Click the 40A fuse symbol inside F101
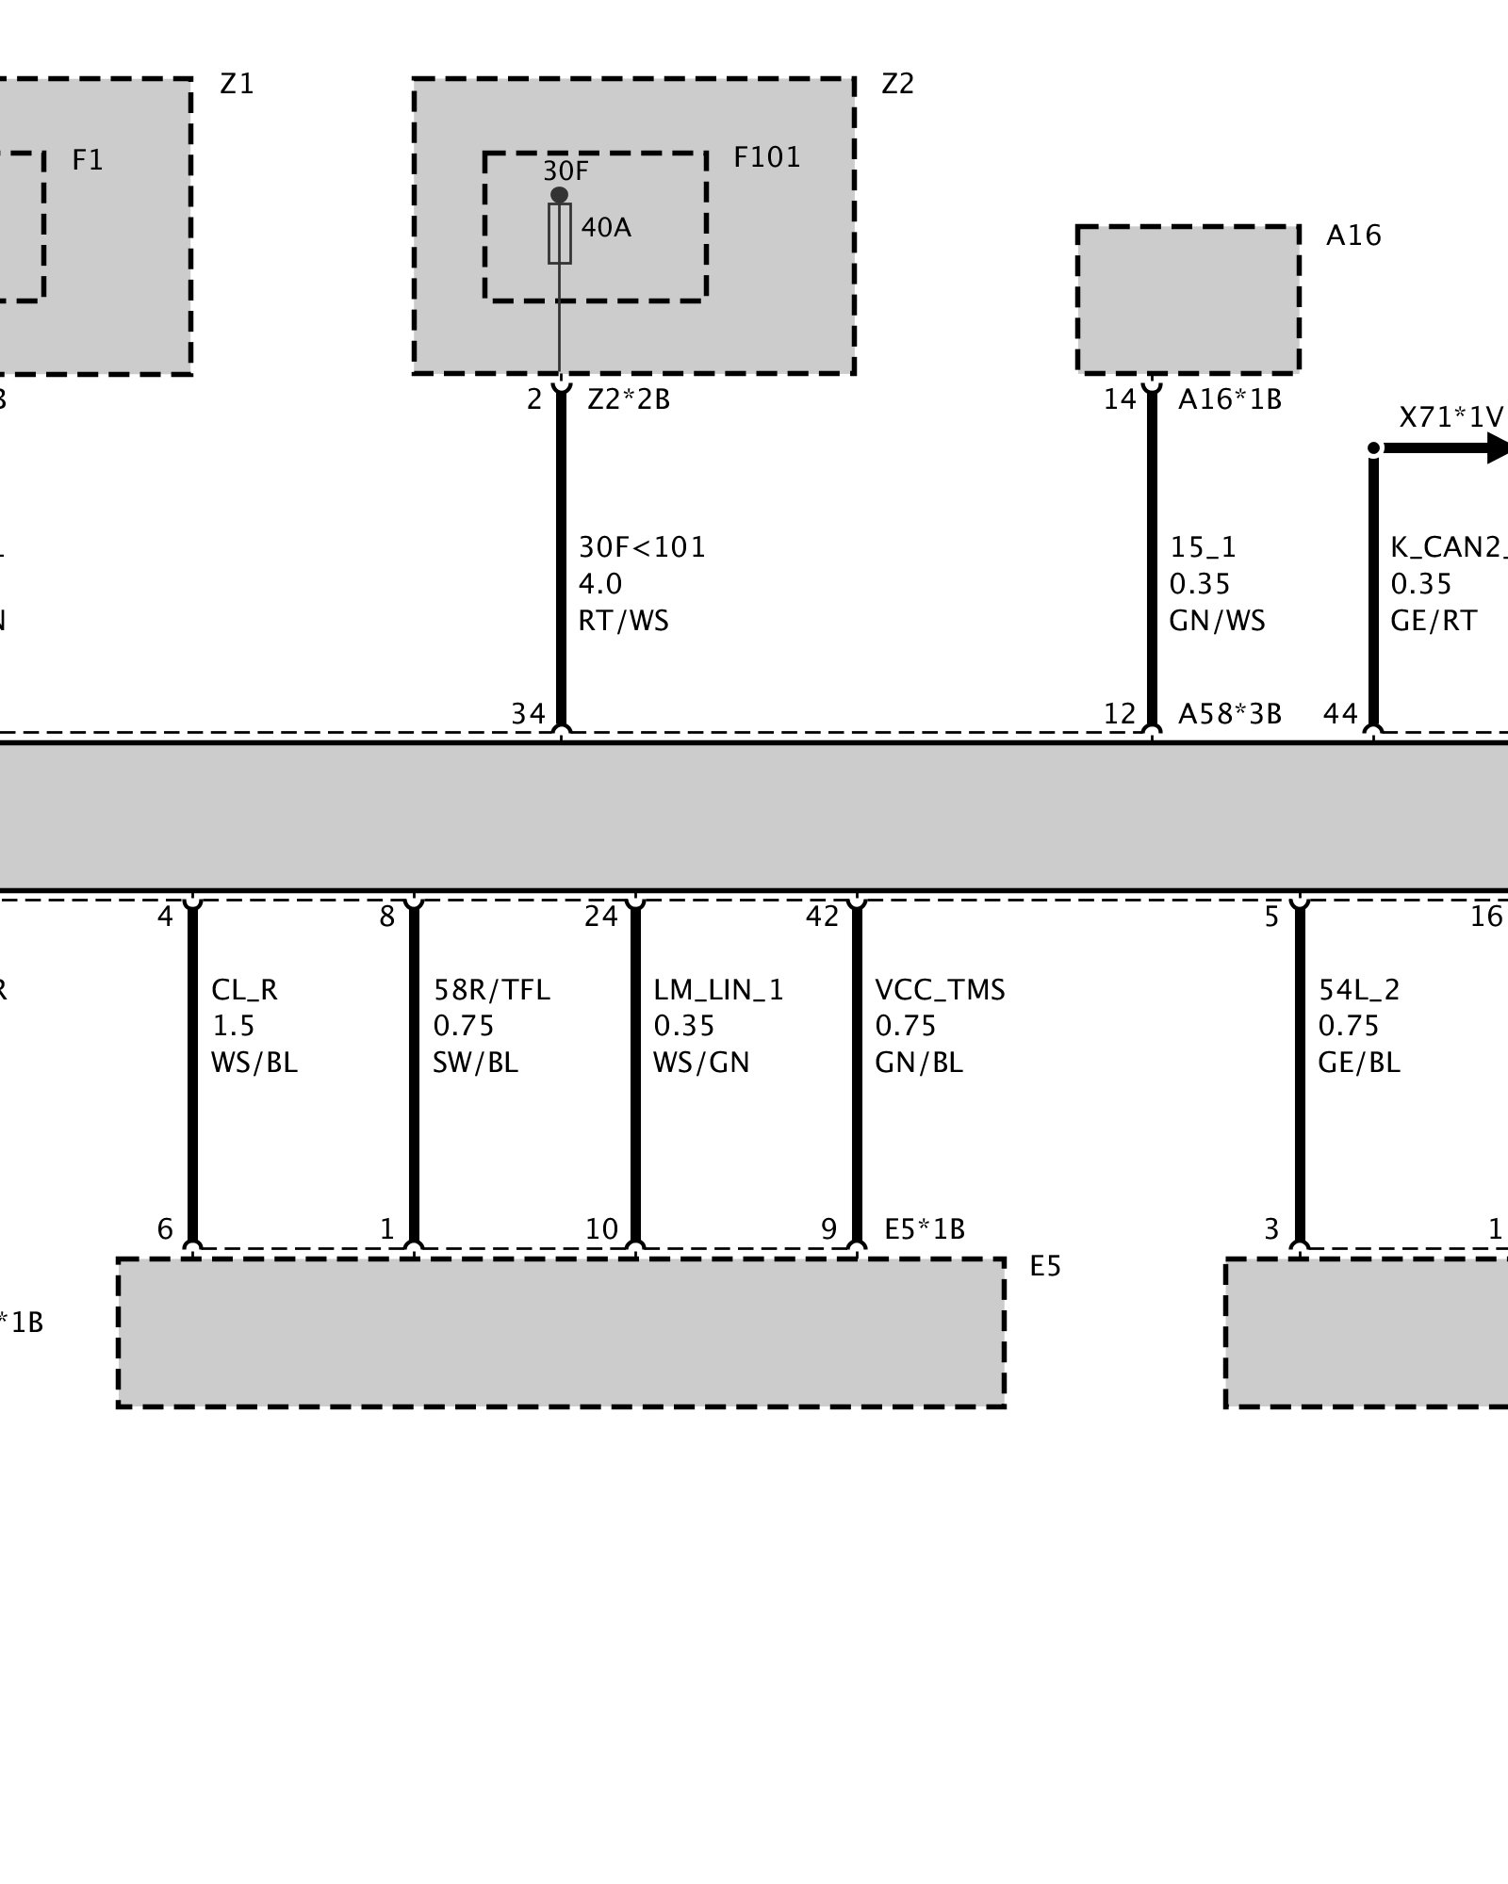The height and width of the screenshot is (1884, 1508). pyautogui.click(x=560, y=233)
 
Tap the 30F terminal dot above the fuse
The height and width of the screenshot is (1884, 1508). pyautogui.click(x=560, y=195)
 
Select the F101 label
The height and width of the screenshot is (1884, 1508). pyautogui.click(x=766, y=157)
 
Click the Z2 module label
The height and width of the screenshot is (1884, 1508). pyautogui.click(x=897, y=84)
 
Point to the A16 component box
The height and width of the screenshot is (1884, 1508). pyautogui.click(x=1188, y=300)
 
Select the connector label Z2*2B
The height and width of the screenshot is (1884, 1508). pyautogui.click(x=628, y=399)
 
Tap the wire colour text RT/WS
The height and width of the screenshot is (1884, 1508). pyautogui.click(x=623, y=621)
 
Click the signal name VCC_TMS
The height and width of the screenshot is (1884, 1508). pyautogui.click(x=940, y=990)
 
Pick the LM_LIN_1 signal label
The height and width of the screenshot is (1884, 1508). pyautogui.click(x=718, y=990)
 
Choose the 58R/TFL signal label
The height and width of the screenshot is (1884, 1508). pyautogui.click(x=491, y=990)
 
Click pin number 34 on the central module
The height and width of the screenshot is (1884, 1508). pyautogui.click(x=528, y=714)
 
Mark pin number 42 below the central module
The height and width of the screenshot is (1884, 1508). pyautogui.click(x=822, y=916)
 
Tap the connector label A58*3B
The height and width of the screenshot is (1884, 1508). pyautogui.click(x=1229, y=714)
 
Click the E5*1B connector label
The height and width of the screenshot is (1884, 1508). pyautogui.click(x=924, y=1229)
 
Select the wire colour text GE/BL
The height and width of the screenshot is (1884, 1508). pyautogui.click(x=1358, y=1063)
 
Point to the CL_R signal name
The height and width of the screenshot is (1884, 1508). pyautogui.click(x=244, y=990)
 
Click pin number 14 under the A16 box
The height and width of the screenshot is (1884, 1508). pyautogui.click(x=1120, y=399)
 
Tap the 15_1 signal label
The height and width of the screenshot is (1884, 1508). pyautogui.click(x=1203, y=547)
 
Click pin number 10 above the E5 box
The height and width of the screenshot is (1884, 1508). pyautogui.click(x=601, y=1229)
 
